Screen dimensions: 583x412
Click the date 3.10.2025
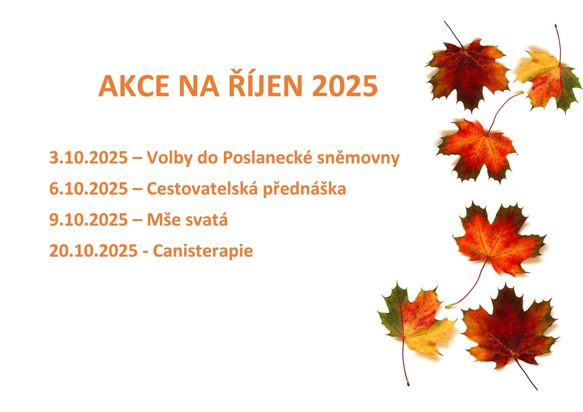(x=88, y=158)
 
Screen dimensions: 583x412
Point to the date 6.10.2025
(x=88, y=189)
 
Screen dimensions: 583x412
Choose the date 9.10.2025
(x=88, y=220)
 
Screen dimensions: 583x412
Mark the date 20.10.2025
(x=94, y=251)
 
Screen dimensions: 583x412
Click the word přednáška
(x=304, y=189)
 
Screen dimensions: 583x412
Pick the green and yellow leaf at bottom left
(x=416, y=322)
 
